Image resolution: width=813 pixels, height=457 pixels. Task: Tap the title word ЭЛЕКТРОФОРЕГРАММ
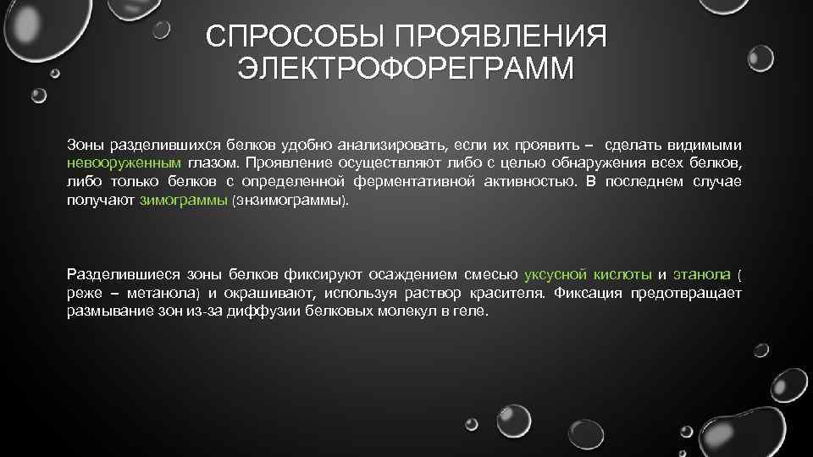pos(406,68)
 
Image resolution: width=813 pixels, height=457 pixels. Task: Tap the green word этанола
pos(701,274)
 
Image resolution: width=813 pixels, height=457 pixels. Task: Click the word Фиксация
pos(585,294)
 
